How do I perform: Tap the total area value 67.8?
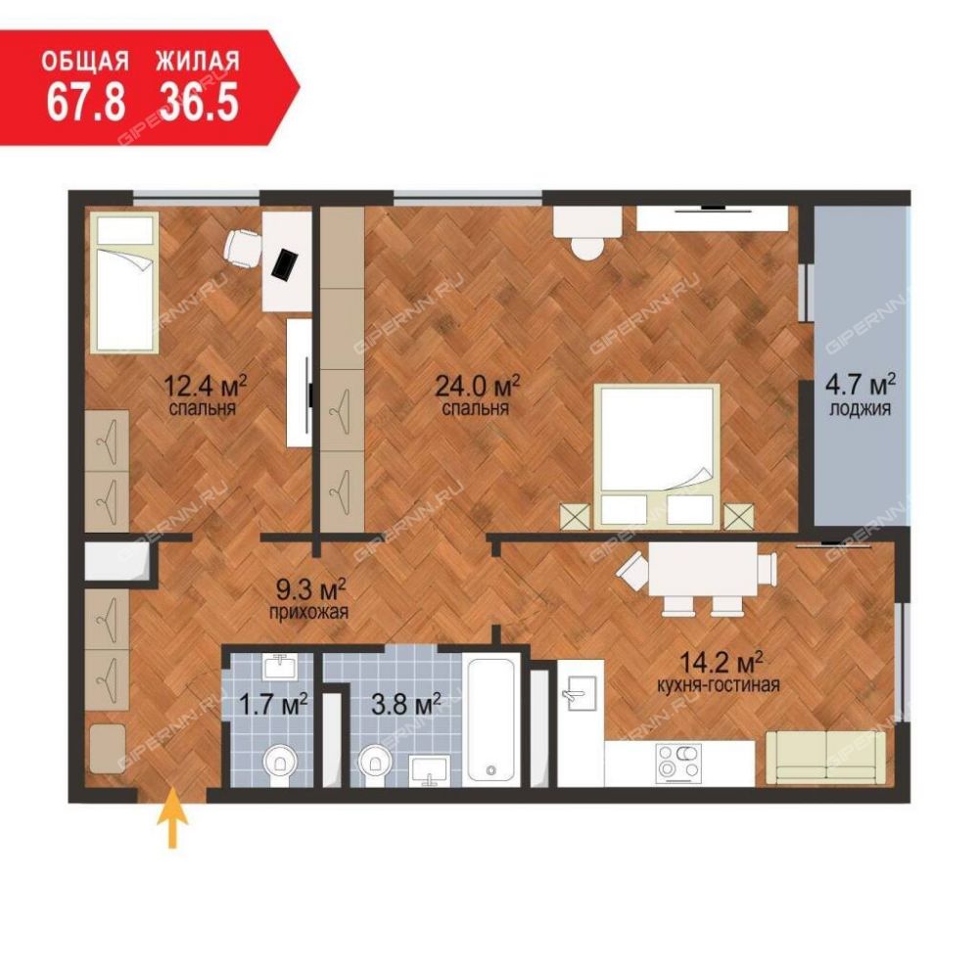coord(86,102)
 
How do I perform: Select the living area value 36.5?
coord(199,102)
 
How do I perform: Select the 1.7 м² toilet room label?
coord(273,705)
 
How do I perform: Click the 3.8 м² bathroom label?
coord(406,705)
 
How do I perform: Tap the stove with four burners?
coord(678,763)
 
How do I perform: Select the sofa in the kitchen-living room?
coord(825,758)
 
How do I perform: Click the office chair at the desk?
coord(243,248)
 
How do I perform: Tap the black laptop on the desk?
coord(286,264)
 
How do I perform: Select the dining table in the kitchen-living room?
coord(702,569)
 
